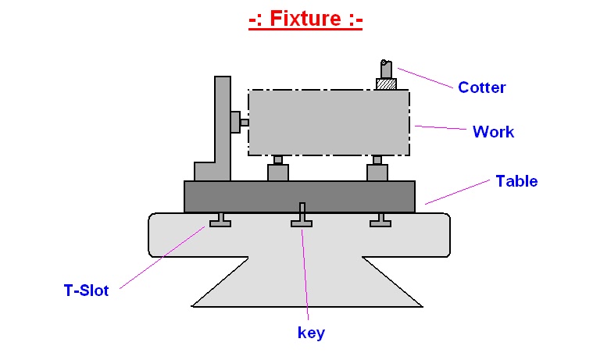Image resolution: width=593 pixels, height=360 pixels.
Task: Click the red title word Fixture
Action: (x=305, y=18)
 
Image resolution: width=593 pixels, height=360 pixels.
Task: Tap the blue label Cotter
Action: (x=481, y=87)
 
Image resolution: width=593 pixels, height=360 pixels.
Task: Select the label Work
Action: (x=493, y=132)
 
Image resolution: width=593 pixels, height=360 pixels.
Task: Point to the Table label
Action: (x=516, y=181)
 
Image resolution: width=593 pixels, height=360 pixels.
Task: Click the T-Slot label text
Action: (x=86, y=290)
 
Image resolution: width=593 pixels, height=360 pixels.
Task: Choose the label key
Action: (x=311, y=333)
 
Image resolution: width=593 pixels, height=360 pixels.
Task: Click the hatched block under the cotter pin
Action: (x=386, y=84)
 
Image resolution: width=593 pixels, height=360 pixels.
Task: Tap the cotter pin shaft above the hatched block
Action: (x=386, y=69)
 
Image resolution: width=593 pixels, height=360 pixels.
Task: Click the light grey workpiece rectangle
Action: (x=329, y=123)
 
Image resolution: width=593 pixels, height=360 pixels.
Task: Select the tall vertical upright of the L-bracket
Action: (x=223, y=129)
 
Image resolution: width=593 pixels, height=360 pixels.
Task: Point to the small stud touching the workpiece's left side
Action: (x=245, y=123)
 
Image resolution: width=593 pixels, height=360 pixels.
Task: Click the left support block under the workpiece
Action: (x=278, y=169)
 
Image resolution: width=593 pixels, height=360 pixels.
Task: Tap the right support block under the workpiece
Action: (x=377, y=169)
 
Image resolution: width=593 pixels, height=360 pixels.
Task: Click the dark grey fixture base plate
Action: (x=299, y=197)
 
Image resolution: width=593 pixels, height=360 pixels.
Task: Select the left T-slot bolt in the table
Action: (x=220, y=219)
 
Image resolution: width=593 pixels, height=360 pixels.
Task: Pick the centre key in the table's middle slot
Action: (x=302, y=215)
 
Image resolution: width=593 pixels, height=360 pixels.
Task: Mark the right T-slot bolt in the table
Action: (x=380, y=219)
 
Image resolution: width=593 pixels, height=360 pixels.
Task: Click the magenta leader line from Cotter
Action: (x=425, y=78)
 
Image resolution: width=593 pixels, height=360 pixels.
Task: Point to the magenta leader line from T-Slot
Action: (x=163, y=258)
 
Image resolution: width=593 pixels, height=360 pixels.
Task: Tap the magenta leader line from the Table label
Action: (x=457, y=192)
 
